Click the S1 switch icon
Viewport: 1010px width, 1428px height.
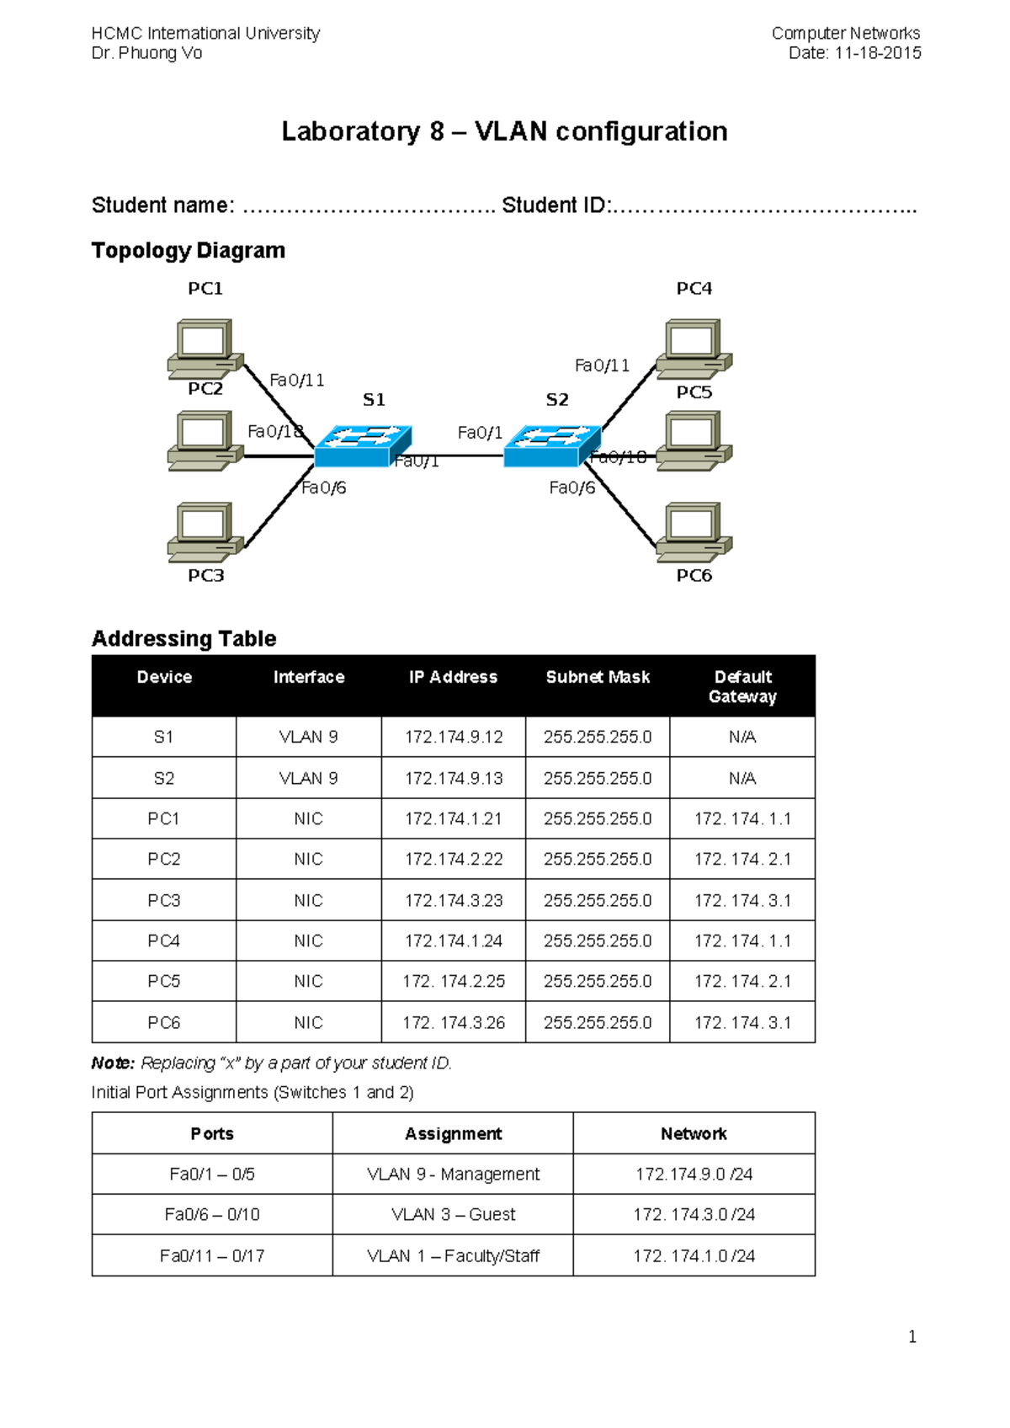363,446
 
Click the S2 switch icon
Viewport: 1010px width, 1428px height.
552,446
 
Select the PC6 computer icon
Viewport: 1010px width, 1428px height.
694,531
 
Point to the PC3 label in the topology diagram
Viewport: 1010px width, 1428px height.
205,576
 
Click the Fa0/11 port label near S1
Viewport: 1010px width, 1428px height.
297,381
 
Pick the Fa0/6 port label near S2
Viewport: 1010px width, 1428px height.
571,488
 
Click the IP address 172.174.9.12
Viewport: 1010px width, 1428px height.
454,738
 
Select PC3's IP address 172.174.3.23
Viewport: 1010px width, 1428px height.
454,901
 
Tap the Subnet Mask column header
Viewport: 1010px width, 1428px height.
598,677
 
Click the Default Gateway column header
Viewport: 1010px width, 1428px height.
742,686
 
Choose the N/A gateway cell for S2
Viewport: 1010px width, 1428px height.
742,779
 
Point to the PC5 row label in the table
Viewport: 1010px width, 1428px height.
164,982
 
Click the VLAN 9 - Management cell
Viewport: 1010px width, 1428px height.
453,1175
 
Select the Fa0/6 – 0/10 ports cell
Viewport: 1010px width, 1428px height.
212,1215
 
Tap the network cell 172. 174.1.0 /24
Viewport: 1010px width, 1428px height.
694,1256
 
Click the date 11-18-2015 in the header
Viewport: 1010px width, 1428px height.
878,53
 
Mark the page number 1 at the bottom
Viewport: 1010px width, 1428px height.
912,1337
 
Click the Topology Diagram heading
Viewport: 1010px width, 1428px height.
189,251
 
